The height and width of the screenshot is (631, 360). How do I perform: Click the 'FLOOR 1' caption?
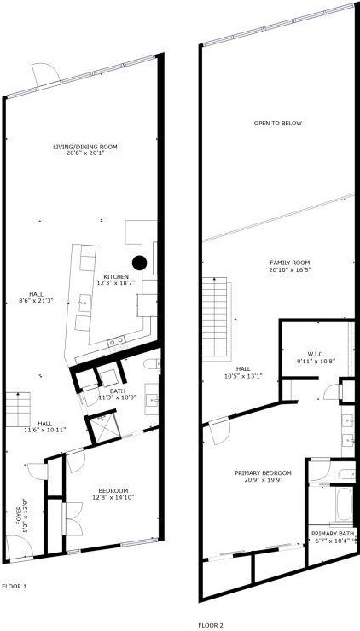pos(15,586)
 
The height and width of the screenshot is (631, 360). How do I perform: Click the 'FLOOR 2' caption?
pos(211,624)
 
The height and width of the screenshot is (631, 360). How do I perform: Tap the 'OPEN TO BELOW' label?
pos(277,124)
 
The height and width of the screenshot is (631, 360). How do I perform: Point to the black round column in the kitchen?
pos(139,262)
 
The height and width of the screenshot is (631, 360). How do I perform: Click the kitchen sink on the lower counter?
pos(117,340)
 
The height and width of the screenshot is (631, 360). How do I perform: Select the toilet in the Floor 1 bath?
pos(152,366)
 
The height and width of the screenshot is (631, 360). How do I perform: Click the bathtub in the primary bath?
pos(344,505)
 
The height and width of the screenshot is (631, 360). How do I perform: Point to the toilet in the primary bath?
pos(345,473)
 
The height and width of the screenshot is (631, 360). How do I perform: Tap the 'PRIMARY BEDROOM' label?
pos(263,472)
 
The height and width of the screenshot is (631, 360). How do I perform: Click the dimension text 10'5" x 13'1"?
pos(243,375)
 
